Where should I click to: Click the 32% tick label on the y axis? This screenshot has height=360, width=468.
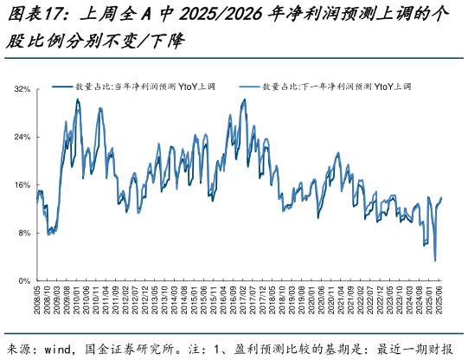click(x=22, y=89)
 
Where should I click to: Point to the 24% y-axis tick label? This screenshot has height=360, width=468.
click(x=22, y=138)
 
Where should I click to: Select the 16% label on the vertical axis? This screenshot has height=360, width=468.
click(x=22, y=185)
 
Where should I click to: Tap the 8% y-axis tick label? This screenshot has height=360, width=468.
click(x=24, y=234)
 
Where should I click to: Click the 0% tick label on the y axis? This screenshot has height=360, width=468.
click(x=24, y=281)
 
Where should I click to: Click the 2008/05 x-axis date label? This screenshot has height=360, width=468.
click(x=37, y=304)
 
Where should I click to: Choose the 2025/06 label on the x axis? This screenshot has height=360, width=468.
click(x=442, y=304)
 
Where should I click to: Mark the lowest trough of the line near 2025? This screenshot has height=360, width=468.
click(x=435, y=260)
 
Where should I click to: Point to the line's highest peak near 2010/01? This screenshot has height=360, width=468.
click(x=77, y=100)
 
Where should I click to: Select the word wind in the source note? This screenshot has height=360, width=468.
click(x=59, y=349)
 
